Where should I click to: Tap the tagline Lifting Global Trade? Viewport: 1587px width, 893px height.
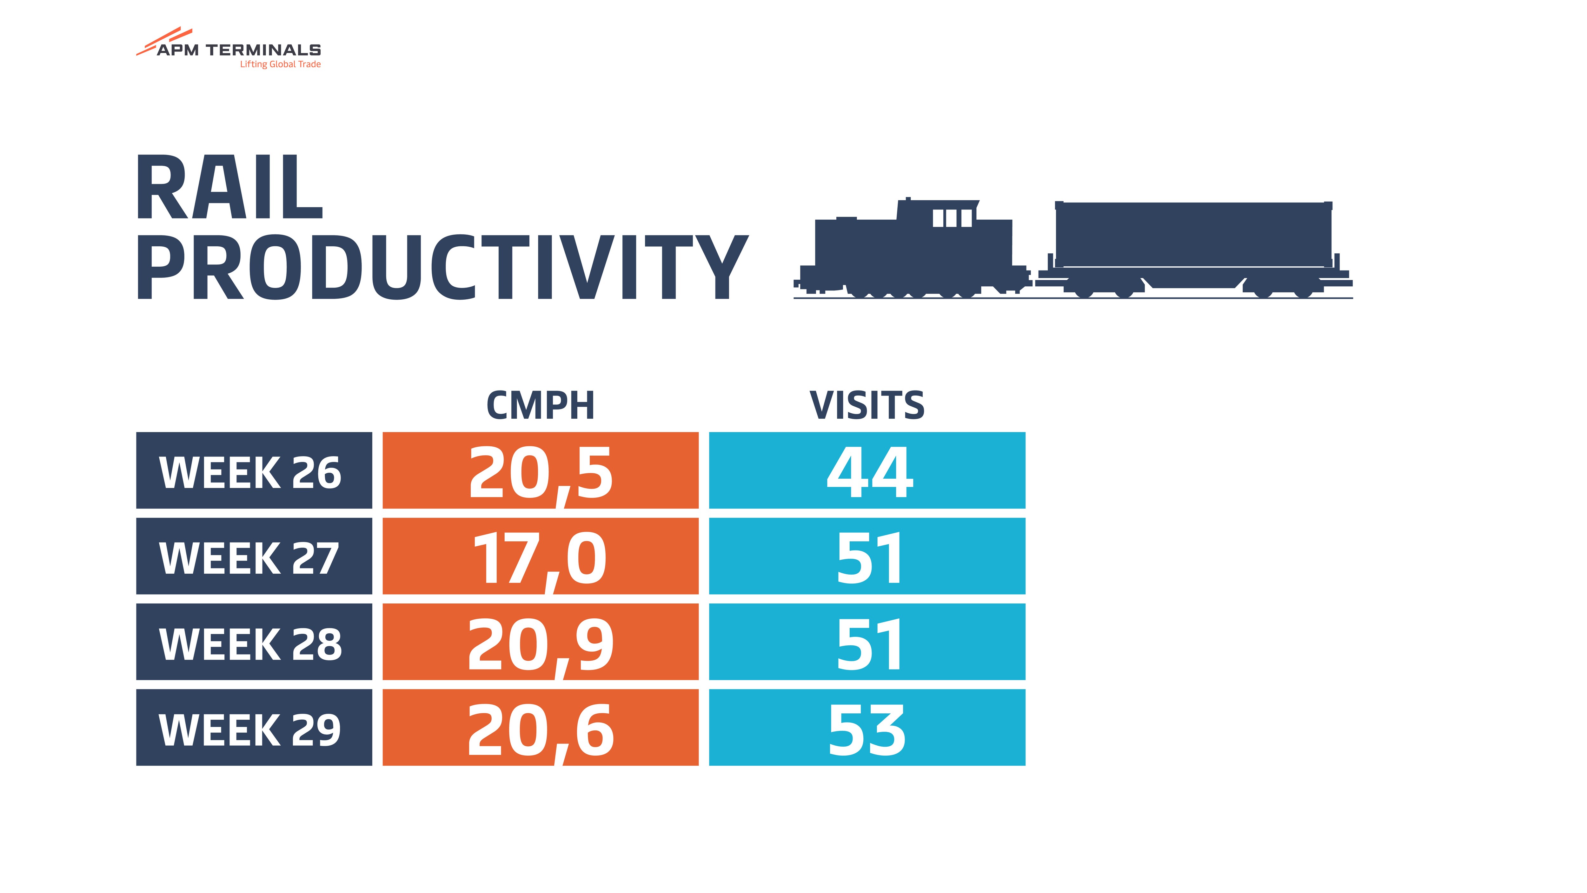click(x=280, y=64)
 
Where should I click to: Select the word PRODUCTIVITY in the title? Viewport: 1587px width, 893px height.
click(x=442, y=267)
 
